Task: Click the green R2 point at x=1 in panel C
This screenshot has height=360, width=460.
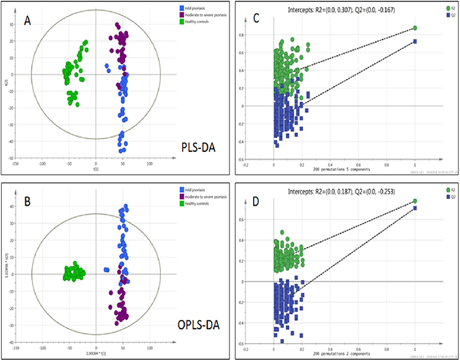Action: tap(415, 28)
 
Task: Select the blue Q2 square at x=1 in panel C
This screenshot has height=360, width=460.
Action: tap(415, 41)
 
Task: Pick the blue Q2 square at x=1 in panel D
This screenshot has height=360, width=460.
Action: tap(415, 208)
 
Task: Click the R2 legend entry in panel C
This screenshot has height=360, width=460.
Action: tap(448, 7)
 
